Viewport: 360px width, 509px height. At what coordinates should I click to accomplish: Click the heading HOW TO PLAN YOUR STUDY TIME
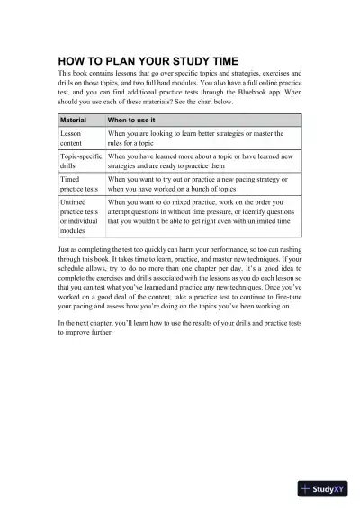pyautogui.click(x=148, y=60)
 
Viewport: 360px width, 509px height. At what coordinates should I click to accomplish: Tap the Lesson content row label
pyautogui.click(x=71, y=138)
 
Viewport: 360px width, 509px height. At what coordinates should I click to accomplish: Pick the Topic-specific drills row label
pyautogui.click(x=79, y=161)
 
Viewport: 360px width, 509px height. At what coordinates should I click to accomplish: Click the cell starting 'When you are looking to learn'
pyautogui.click(x=195, y=138)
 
